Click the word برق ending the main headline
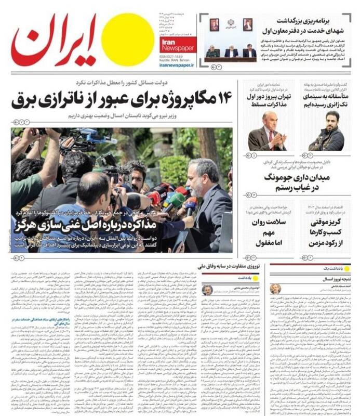[x=30, y=98]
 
